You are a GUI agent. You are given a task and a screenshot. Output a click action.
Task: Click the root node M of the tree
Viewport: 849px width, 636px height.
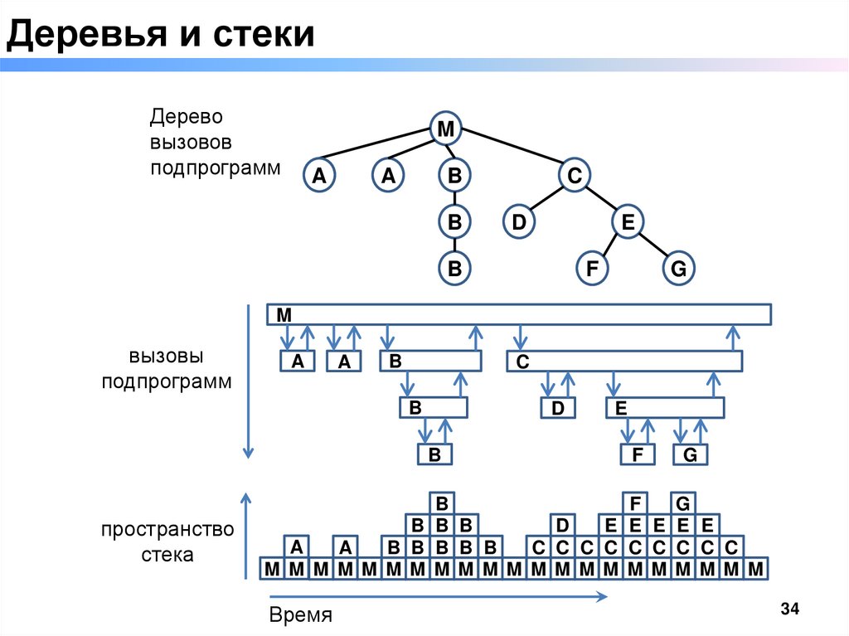[446, 129]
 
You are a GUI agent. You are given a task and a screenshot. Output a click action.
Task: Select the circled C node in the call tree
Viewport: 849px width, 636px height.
[574, 175]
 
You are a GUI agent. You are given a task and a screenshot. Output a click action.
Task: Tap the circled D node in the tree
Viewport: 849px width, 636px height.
[519, 222]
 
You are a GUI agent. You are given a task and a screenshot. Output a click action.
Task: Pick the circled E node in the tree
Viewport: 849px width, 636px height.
[628, 222]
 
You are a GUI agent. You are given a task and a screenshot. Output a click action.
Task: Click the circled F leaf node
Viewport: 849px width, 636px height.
[592, 269]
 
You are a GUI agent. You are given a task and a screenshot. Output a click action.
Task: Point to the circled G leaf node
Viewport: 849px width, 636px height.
[678, 269]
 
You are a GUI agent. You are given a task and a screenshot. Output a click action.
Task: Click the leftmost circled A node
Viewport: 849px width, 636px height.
[318, 175]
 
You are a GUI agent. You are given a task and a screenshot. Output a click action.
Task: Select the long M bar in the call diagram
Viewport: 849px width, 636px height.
[519, 314]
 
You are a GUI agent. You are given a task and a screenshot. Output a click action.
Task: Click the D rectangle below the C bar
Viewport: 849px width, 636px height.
[558, 408]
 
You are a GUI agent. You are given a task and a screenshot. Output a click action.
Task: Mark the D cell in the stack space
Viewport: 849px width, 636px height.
[562, 525]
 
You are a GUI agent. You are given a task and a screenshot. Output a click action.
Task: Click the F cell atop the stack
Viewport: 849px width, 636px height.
[636, 503]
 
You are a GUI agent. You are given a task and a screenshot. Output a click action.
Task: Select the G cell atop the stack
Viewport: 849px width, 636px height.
[684, 503]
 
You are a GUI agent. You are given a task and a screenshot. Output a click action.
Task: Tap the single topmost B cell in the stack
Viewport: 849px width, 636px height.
[442, 503]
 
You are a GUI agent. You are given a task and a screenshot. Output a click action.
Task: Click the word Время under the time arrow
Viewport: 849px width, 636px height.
[300, 615]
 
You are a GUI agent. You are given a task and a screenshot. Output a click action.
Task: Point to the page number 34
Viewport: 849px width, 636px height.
[788, 609]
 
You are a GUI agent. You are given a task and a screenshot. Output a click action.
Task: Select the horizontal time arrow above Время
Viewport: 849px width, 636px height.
[436, 596]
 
